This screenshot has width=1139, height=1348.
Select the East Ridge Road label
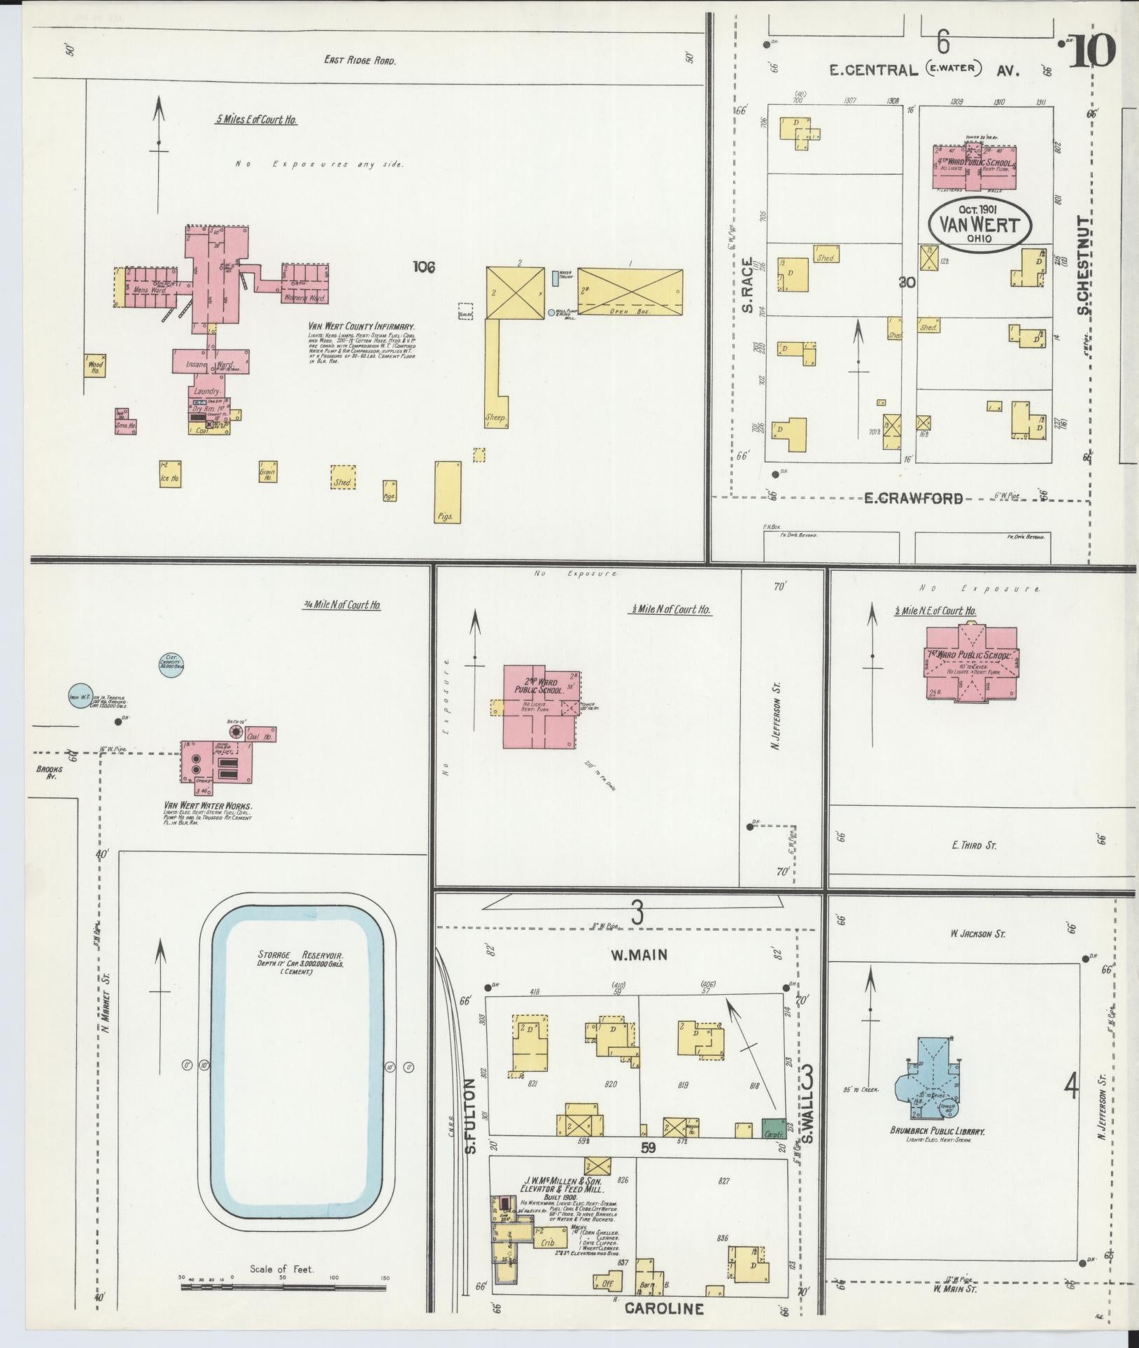click(x=360, y=61)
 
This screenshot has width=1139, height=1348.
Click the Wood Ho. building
click(x=94, y=367)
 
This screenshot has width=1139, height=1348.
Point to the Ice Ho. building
click(x=170, y=474)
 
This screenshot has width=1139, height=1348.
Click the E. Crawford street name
click(x=913, y=498)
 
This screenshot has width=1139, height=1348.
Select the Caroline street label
click(x=663, y=1308)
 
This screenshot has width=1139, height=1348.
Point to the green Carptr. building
click(x=774, y=1128)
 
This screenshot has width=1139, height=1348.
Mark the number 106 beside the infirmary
click(x=424, y=267)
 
